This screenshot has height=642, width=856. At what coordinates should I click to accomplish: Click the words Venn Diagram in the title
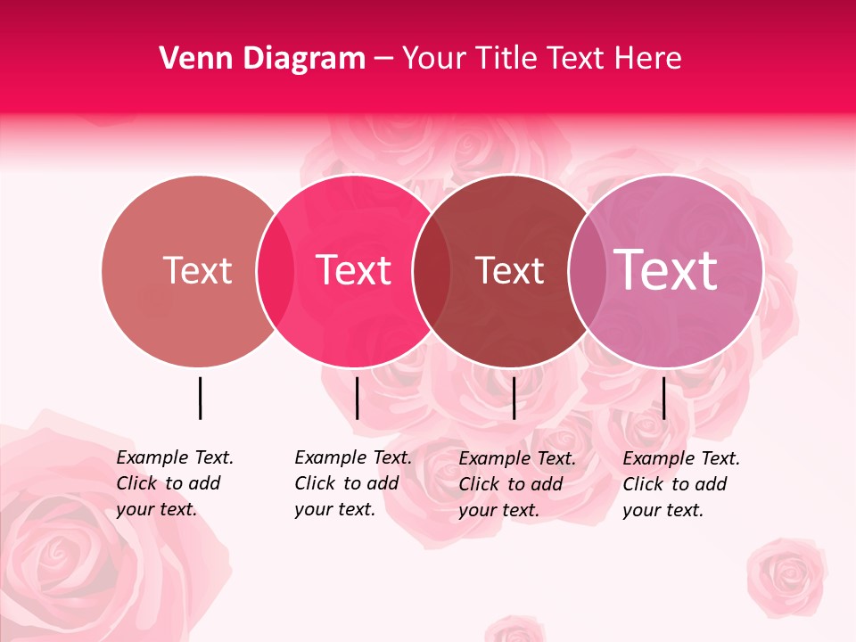click(x=262, y=59)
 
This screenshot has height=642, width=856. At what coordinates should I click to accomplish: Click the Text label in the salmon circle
click(x=197, y=270)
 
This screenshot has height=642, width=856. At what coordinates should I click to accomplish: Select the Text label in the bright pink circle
click(x=354, y=270)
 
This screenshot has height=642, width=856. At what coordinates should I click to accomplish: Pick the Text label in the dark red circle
click(x=509, y=270)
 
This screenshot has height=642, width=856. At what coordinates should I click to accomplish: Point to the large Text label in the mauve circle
click(x=666, y=269)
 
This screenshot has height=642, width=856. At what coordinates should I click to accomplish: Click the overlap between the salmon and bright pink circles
click(x=276, y=270)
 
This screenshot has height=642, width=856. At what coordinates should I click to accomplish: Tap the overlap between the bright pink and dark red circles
click(x=432, y=270)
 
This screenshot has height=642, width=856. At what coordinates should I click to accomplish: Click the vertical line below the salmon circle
click(x=200, y=398)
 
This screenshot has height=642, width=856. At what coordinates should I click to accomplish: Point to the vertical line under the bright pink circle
click(x=357, y=398)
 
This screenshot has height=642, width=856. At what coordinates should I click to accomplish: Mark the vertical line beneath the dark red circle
click(x=514, y=398)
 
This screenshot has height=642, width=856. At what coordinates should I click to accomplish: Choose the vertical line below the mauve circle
click(x=663, y=398)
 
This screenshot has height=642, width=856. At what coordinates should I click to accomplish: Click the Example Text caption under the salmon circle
click(x=175, y=483)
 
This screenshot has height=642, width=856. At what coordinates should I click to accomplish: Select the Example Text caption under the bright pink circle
click(x=353, y=483)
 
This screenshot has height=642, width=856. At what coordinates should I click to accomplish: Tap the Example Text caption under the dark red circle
click(x=517, y=484)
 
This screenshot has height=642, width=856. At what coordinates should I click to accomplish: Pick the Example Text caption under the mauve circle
click(x=681, y=484)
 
